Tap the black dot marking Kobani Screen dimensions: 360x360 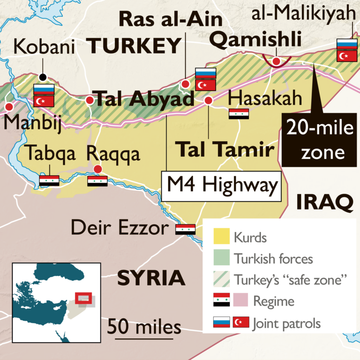[43, 77]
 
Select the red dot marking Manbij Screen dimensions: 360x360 [8, 107]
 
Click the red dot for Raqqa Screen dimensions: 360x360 [97, 169]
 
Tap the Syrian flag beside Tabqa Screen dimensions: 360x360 [49, 181]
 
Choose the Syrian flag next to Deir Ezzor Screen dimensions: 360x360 [185, 230]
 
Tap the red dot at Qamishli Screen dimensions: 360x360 [277, 61]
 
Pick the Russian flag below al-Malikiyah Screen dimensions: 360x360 [347, 44]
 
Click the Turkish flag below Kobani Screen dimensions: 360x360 [44, 101]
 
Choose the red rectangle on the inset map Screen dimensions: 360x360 [83, 298]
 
